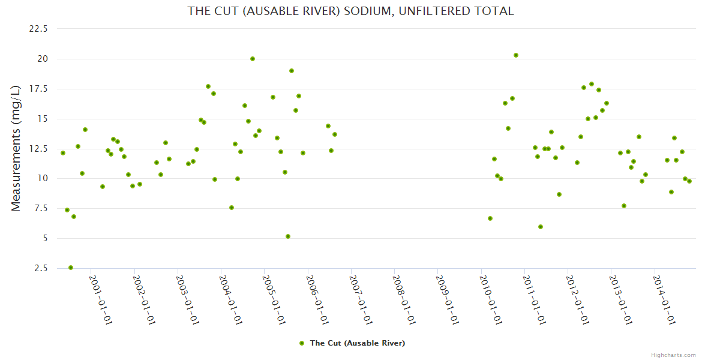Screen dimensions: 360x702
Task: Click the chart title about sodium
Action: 350,11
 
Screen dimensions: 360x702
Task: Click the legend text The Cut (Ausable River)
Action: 357,343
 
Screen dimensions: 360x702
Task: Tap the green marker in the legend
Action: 302,343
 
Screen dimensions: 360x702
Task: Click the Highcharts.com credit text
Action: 673,355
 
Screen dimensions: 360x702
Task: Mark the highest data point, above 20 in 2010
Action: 516,55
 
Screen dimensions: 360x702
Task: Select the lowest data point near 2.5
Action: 71,268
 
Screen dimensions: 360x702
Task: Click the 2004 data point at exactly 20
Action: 253,59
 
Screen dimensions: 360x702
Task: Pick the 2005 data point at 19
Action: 292,71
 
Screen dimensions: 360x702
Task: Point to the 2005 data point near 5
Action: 288,236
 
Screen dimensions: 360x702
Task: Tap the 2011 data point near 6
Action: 541,227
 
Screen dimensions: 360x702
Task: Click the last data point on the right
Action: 689,181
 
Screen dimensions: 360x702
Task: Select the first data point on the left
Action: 63,153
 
